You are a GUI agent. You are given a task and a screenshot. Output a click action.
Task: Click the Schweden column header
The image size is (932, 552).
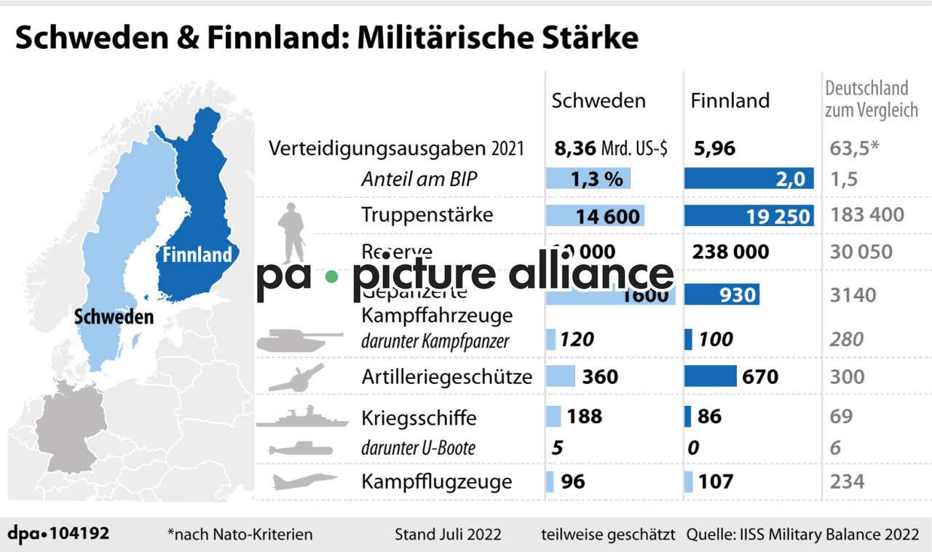click(599, 100)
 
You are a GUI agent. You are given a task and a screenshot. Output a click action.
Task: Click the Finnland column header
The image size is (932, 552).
click(730, 100)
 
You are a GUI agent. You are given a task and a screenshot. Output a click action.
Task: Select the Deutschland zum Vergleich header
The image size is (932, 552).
click(870, 99)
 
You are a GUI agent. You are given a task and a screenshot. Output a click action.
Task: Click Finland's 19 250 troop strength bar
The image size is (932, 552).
click(749, 215)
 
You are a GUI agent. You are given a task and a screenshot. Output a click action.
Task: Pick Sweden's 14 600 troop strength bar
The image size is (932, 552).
click(595, 215)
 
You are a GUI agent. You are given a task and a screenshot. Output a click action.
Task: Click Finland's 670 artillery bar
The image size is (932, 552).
click(711, 376)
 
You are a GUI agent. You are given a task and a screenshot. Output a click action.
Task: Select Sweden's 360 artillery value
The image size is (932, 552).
click(600, 376)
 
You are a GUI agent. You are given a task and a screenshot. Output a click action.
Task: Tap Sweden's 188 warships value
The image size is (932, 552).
click(584, 416)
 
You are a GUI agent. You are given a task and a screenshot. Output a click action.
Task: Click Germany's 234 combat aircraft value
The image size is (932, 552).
click(847, 481)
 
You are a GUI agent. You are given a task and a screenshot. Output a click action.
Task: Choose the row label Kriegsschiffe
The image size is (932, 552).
click(419, 418)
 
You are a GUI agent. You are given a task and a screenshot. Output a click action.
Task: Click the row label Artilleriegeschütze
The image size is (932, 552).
click(447, 377)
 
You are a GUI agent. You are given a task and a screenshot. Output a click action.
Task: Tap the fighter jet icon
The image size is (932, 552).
click(304, 481)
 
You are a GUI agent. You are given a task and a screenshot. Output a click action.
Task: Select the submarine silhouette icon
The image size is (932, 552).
click(299, 449)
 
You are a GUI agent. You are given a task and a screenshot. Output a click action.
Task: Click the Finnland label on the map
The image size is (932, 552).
click(197, 255)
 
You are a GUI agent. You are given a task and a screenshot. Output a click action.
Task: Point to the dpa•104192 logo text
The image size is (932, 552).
click(59, 533)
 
